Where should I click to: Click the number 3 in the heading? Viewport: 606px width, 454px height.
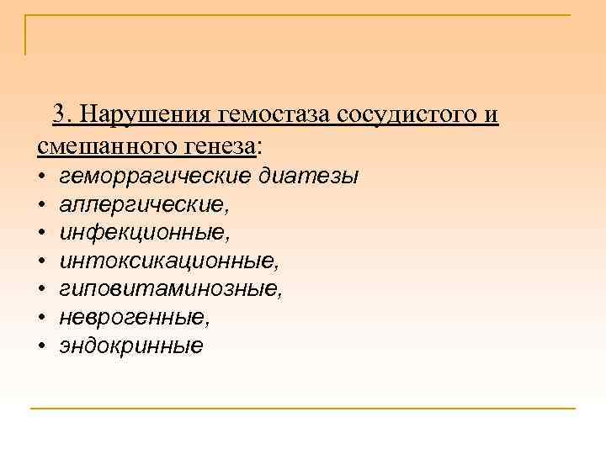[60, 113]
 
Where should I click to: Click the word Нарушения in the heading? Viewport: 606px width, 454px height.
[146, 113]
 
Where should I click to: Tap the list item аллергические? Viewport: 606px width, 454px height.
[144, 204]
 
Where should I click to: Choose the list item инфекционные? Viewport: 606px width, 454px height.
[143, 233]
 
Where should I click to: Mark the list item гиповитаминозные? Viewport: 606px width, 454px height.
[171, 289]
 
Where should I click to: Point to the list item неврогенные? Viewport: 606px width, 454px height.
[135, 318]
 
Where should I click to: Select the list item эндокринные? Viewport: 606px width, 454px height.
[131, 346]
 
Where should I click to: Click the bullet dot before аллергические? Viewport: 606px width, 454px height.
[41, 205]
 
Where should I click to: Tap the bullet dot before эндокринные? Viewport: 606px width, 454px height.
[41, 346]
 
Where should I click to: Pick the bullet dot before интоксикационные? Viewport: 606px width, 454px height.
[41, 261]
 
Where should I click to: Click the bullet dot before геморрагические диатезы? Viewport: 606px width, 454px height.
[41, 177]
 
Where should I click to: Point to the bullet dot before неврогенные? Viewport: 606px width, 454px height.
[41, 318]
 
